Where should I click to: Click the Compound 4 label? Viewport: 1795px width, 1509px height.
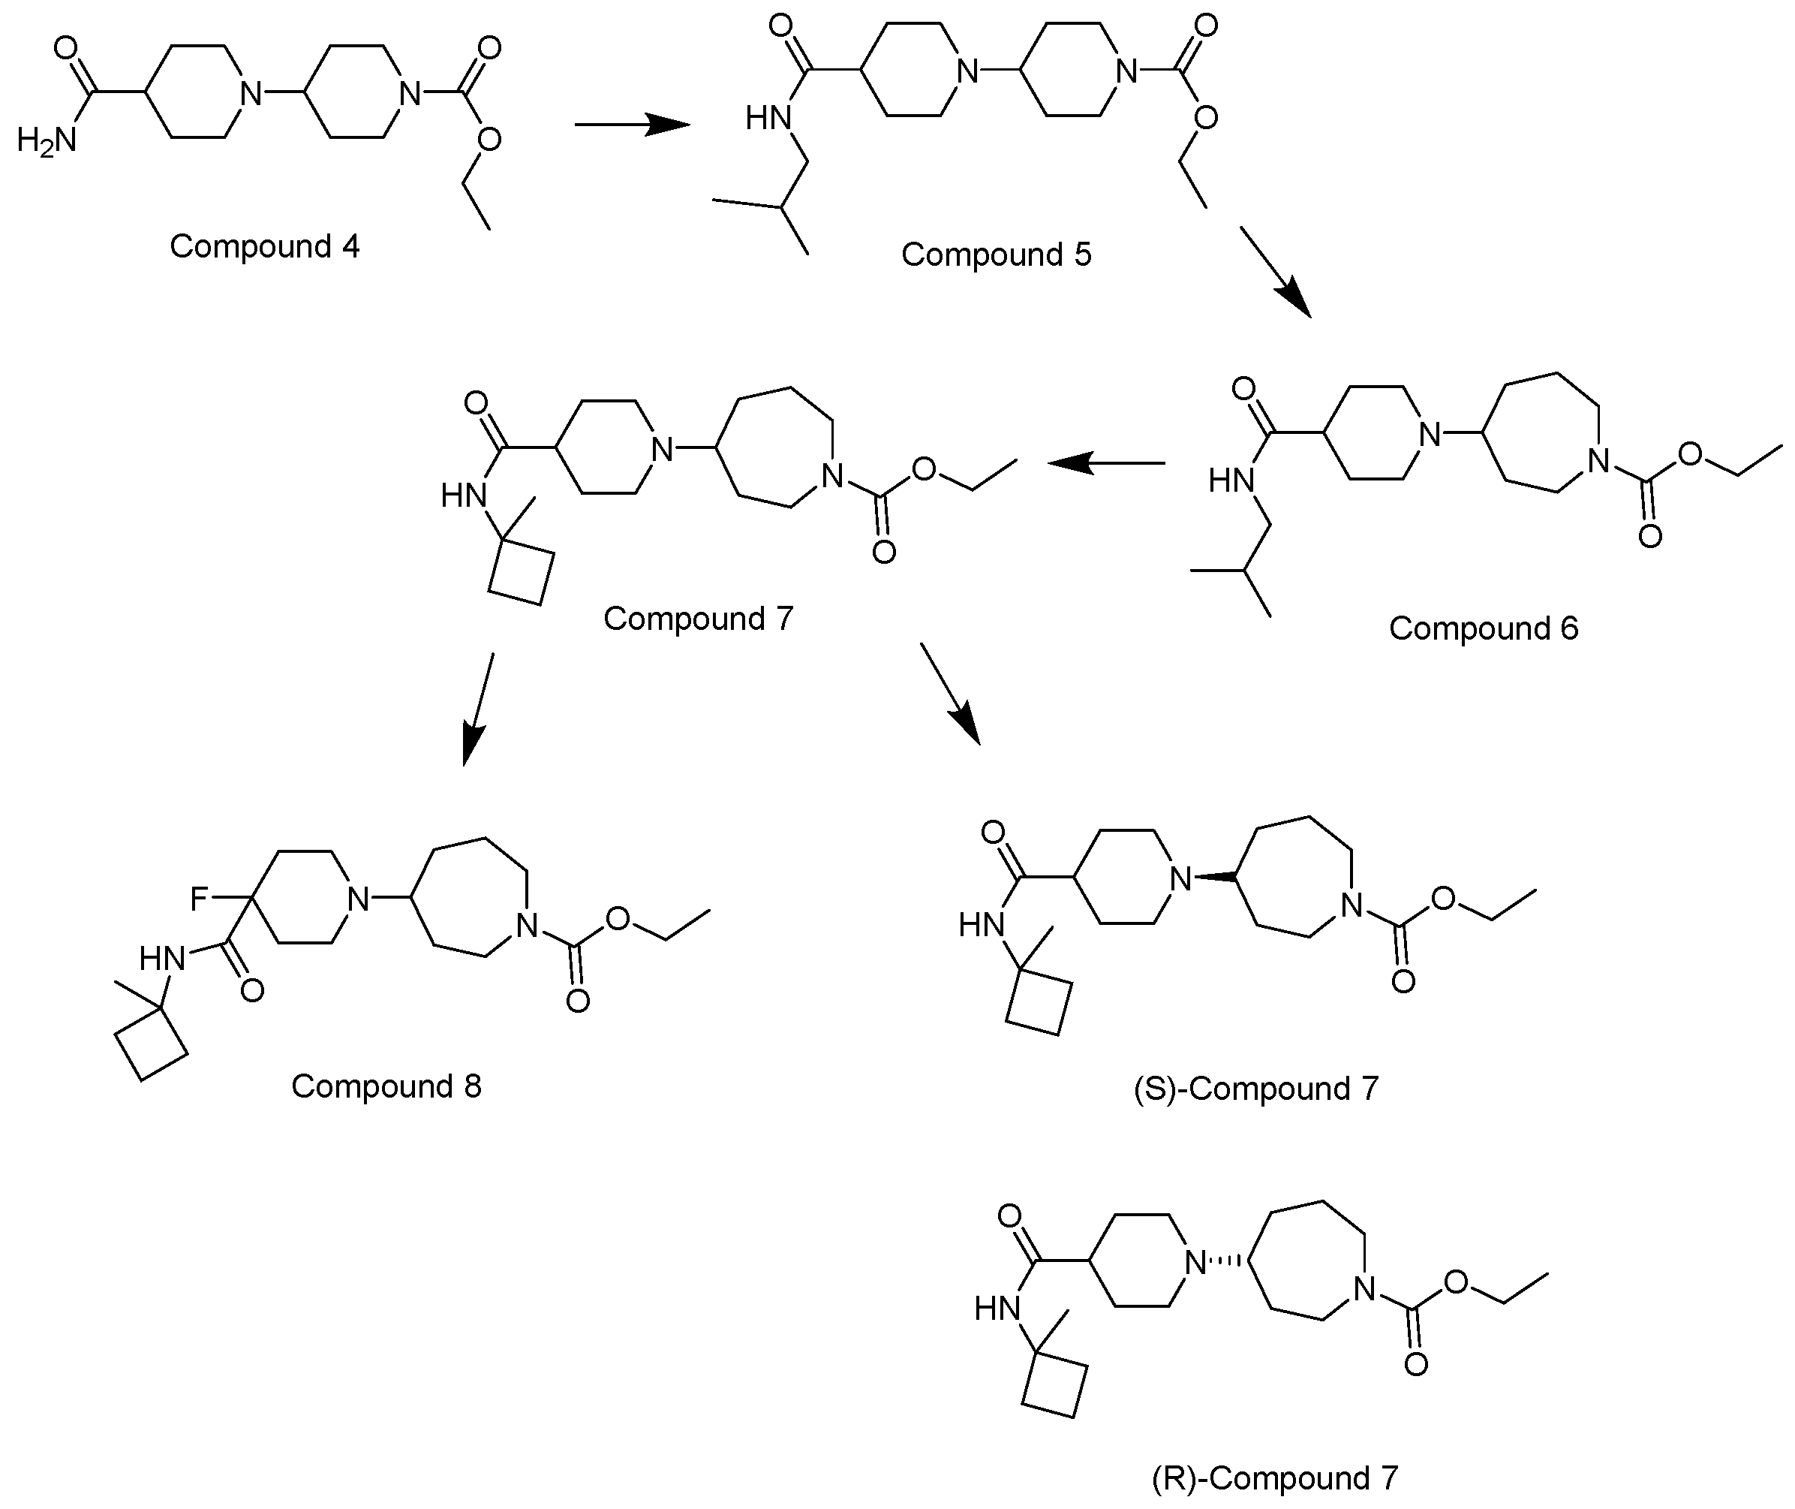(x=264, y=246)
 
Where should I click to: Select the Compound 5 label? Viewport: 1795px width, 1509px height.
(x=997, y=255)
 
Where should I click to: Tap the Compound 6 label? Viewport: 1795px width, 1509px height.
(x=1484, y=629)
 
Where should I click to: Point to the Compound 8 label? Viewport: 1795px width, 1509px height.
(x=386, y=1086)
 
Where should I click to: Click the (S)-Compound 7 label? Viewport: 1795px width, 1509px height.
(x=1256, y=1089)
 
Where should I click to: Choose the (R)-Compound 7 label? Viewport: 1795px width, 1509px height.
(x=1275, y=1478)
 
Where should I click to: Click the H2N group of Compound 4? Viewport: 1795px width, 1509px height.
(x=47, y=140)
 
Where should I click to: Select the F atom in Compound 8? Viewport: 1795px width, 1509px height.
(x=200, y=898)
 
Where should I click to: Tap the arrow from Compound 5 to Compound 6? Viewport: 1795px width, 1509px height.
(x=1275, y=272)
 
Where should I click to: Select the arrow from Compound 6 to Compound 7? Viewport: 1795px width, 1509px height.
(x=1108, y=462)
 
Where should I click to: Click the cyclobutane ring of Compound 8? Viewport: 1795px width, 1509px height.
(x=152, y=1044)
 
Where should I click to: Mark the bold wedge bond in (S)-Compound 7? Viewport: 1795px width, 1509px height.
(x=1215, y=876)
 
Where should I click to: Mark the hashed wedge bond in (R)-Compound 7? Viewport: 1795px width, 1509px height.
(x=1229, y=1260)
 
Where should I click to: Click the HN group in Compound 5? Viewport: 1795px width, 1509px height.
(x=767, y=118)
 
